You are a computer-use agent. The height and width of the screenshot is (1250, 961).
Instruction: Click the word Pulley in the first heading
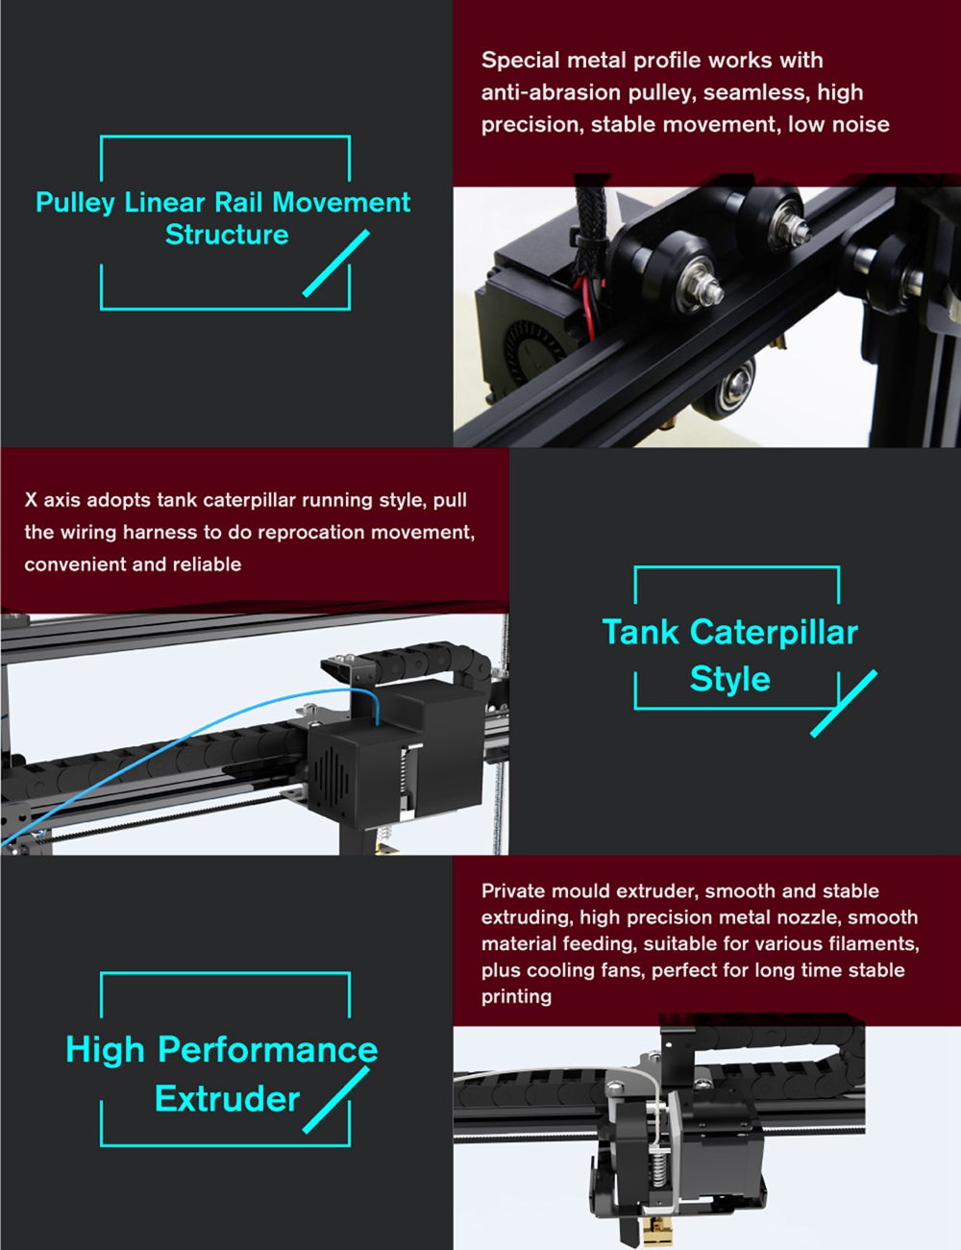pyautogui.click(x=76, y=203)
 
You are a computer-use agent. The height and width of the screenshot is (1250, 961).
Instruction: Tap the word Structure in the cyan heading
pyautogui.click(x=227, y=235)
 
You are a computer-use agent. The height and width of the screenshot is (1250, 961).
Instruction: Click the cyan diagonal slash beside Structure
pyautogui.click(x=336, y=263)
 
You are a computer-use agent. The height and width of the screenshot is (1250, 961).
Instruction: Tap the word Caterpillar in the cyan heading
pyautogui.click(x=774, y=633)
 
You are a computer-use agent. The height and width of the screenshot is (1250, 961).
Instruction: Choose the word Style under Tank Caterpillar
pyautogui.click(x=729, y=679)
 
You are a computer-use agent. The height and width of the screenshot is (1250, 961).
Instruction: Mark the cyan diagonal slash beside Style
pyautogui.click(x=844, y=704)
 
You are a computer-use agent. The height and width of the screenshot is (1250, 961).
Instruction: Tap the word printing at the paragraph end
pyautogui.click(x=516, y=996)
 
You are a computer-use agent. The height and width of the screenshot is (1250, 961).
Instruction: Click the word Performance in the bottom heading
pyautogui.click(x=267, y=1050)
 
